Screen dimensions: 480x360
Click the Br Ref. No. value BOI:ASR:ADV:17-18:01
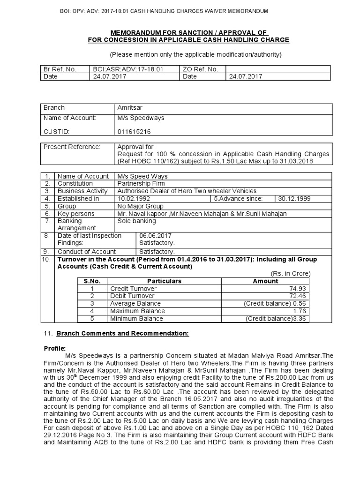tap(128, 69)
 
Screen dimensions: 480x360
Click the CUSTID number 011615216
tap(135, 132)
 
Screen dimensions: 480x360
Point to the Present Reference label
tap(72, 147)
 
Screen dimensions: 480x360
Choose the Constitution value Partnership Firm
tap(141, 183)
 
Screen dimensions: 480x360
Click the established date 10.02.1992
tap(134, 198)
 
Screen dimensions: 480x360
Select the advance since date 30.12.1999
tap(293, 198)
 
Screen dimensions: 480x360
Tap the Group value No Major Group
tap(140, 206)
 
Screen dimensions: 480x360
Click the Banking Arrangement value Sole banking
tap(136, 220)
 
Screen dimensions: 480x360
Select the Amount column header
tap(265, 281)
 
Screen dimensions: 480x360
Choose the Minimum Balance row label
tap(136, 318)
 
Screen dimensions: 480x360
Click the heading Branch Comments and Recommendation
tap(122, 334)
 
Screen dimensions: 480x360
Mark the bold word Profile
tap(55, 349)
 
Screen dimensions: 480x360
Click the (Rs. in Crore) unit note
tap(291, 273)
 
